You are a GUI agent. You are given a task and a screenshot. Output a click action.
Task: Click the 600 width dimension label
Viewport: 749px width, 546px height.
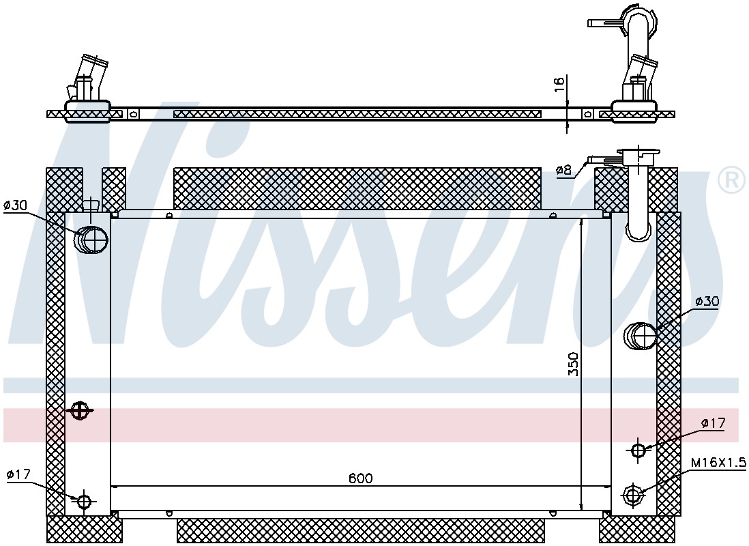pos(360,478)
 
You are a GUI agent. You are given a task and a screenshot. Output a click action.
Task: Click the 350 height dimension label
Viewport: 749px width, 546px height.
pos(573,364)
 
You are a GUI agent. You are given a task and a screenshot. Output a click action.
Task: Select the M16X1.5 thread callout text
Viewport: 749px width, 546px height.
pos(718,462)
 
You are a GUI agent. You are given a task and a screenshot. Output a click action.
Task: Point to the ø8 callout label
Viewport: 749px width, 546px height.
pos(564,170)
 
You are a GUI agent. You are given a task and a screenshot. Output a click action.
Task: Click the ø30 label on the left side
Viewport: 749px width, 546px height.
pos(15,205)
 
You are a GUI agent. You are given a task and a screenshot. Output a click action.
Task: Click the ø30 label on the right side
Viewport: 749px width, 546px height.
pos(707,301)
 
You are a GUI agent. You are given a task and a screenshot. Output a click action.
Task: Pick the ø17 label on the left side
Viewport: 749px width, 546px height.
pos(18,474)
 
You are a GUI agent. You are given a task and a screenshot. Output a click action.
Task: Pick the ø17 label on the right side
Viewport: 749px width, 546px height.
pos(713,422)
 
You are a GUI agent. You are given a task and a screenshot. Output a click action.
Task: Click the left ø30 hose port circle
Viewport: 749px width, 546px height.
pos(91,239)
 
